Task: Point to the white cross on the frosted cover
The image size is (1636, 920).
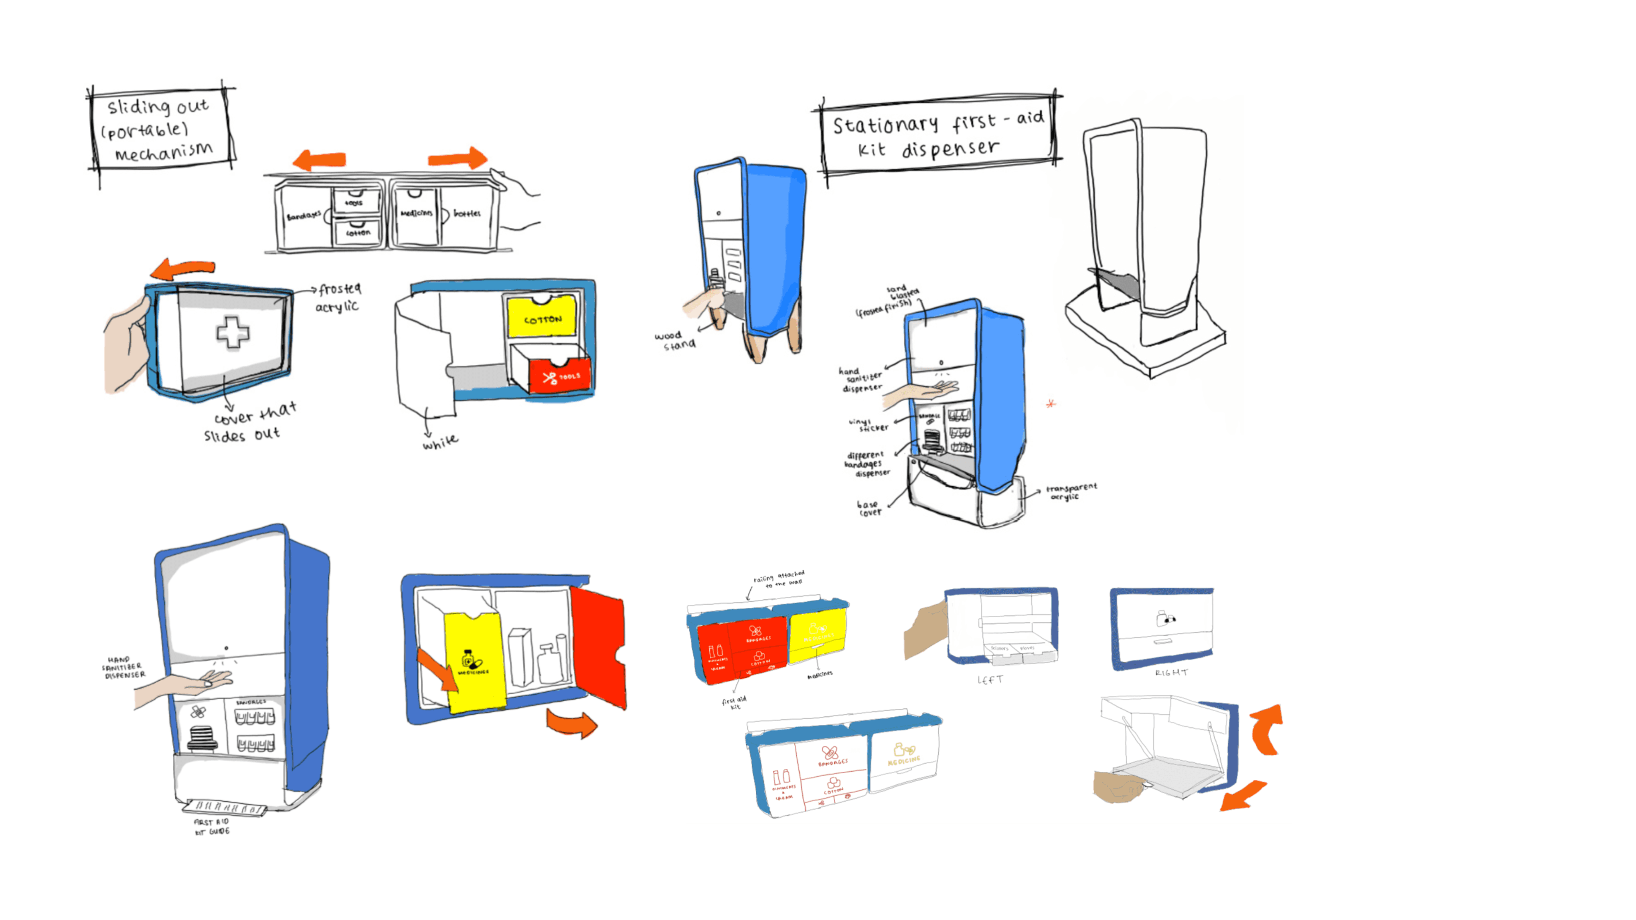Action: click(x=233, y=332)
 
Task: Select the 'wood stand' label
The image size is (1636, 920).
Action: click(x=676, y=340)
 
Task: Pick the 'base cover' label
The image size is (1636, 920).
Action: click(x=869, y=508)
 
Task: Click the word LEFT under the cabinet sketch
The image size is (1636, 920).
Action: click(x=990, y=680)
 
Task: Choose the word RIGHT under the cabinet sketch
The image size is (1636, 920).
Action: click(x=1170, y=672)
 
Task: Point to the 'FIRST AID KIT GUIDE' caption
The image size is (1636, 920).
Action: click(x=211, y=826)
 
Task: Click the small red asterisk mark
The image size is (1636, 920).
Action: click(x=1051, y=403)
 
